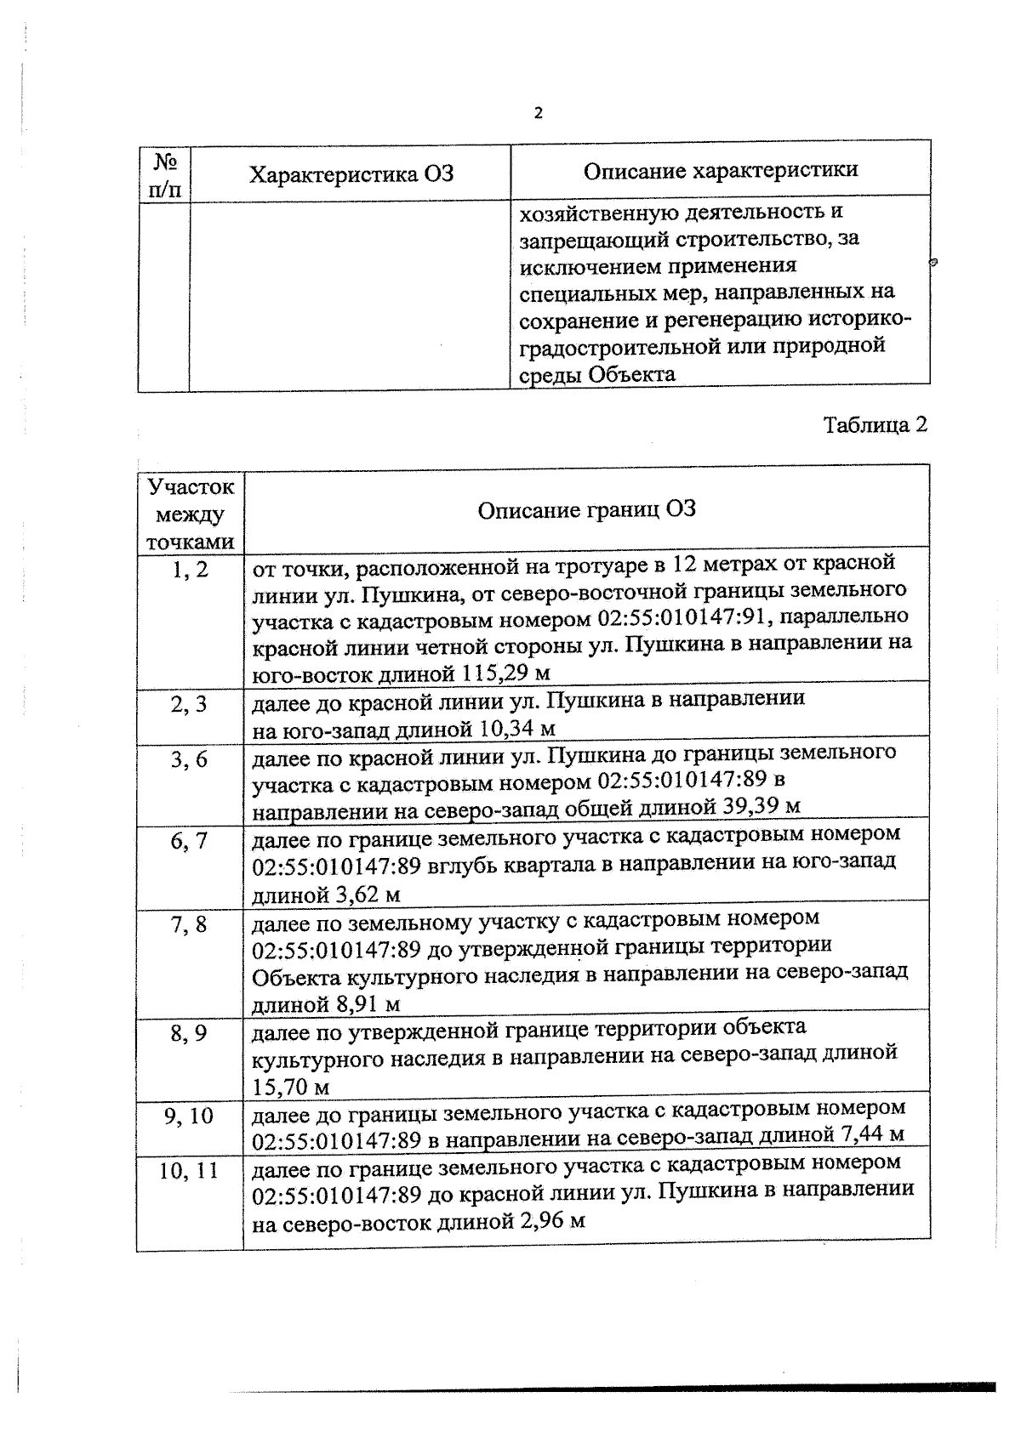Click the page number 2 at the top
point(537,113)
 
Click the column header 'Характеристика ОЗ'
point(351,174)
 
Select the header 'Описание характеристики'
point(720,170)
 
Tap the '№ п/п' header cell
point(164,174)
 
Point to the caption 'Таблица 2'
point(875,424)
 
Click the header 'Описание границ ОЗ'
point(586,509)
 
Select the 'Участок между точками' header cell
point(191,514)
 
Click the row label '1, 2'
point(190,570)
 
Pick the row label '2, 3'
point(189,705)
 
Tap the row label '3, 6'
point(189,759)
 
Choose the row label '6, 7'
point(189,841)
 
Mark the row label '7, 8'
point(189,923)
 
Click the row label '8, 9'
point(189,1033)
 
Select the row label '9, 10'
point(189,1116)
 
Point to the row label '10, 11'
point(189,1171)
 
